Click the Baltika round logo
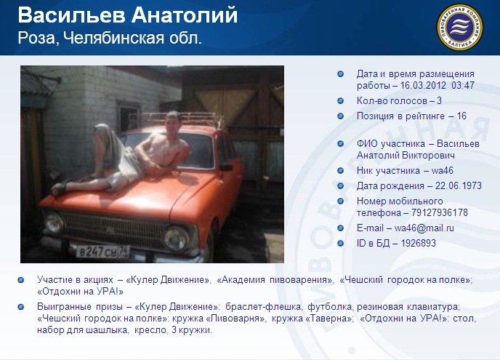pos(459,27)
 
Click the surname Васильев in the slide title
pos(71,15)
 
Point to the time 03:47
pos(463,85)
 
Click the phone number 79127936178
pos(440,212)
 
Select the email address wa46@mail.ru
pos(424,228)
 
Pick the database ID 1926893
pos(418,243)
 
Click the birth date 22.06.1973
pos(459,185)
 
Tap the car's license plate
pos(102,252)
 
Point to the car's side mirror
pos(226,167)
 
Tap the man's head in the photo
pos(173,120)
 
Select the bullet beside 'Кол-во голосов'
pos(341,101)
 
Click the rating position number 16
pos(461,116)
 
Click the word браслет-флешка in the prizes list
pos(263,307)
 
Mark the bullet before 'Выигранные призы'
pos(21,307)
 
